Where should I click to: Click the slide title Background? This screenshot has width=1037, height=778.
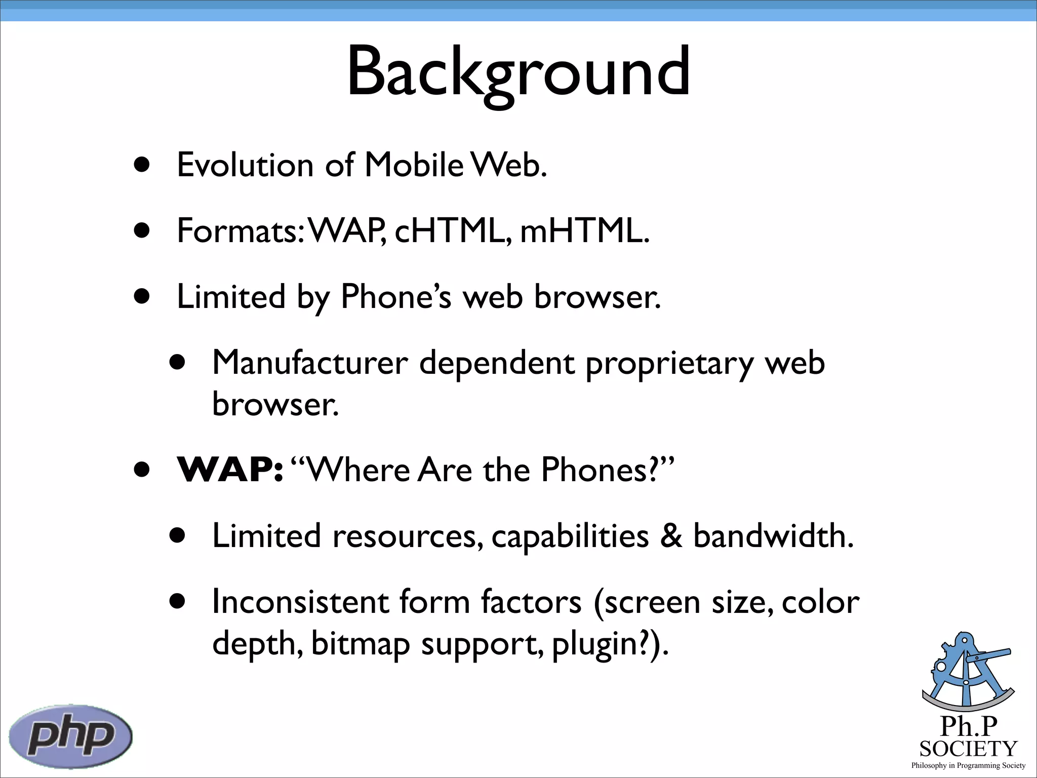click(x=518, y=72)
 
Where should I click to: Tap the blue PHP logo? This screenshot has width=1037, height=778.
click(x=71, y=736)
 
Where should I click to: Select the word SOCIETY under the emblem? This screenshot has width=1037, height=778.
click(x=968, y=749)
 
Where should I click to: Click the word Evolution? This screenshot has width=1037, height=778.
click(x=245, y=165)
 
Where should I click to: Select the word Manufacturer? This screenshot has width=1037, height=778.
click(x=310, y=363)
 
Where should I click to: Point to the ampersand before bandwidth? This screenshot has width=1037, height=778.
click(x=671, y=536)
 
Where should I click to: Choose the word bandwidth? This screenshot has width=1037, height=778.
click(x=773, y=536)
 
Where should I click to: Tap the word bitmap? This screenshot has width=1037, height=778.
click(x=360, y=644)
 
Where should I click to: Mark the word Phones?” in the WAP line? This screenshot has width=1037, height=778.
click(x=608, y=470)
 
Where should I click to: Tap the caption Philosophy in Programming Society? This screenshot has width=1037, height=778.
click(x=968, y=765)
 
